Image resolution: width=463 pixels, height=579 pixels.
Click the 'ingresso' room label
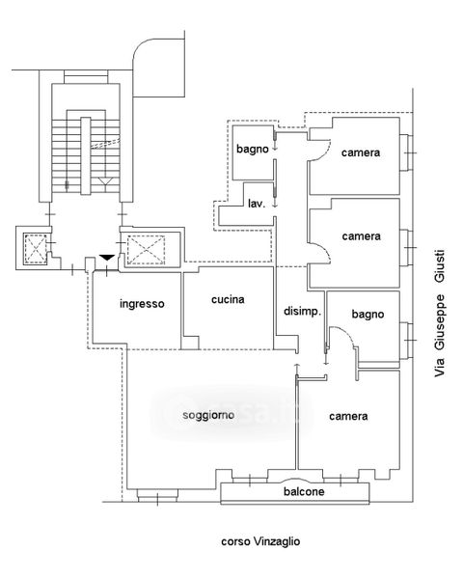coord(142,304)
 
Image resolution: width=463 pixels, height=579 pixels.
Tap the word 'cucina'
coord(228,299)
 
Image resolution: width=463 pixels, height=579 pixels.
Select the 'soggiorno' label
coord(208,415)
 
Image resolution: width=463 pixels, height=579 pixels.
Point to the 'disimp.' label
coord(302,312)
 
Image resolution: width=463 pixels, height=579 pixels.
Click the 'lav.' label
coord(257,204)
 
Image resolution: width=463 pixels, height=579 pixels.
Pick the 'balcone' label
coord(304,491)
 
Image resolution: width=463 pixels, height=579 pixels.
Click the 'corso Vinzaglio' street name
coord(260,541)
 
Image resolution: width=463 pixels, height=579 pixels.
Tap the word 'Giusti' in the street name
coord(440,267)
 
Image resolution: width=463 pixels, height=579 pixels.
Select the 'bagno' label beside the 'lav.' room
coord(253,150)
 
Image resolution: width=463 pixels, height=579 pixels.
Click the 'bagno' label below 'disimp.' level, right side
coord(368,315)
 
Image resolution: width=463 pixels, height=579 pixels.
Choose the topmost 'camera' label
coord(361,152)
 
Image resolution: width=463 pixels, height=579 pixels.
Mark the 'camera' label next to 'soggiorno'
coord(348,416)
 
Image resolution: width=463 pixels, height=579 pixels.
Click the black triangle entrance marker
coord(107,258)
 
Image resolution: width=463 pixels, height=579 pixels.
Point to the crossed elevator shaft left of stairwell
coord(35,249)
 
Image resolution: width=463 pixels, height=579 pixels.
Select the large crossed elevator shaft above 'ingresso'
coord(146,250)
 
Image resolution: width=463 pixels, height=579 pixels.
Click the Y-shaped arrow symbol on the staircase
coord(106,182)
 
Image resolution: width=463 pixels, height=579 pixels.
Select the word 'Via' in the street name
coord(440,367)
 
